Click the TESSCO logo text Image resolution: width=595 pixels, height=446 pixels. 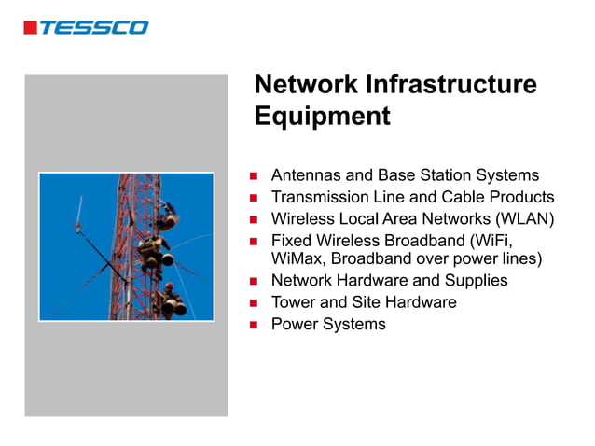[93, 27]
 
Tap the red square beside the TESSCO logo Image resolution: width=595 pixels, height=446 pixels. [30, 28]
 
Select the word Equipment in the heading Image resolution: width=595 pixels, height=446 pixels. [322, 117]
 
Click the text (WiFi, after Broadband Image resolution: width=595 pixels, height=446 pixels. [490, 240]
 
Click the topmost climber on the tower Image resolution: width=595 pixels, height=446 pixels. [167, 216]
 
